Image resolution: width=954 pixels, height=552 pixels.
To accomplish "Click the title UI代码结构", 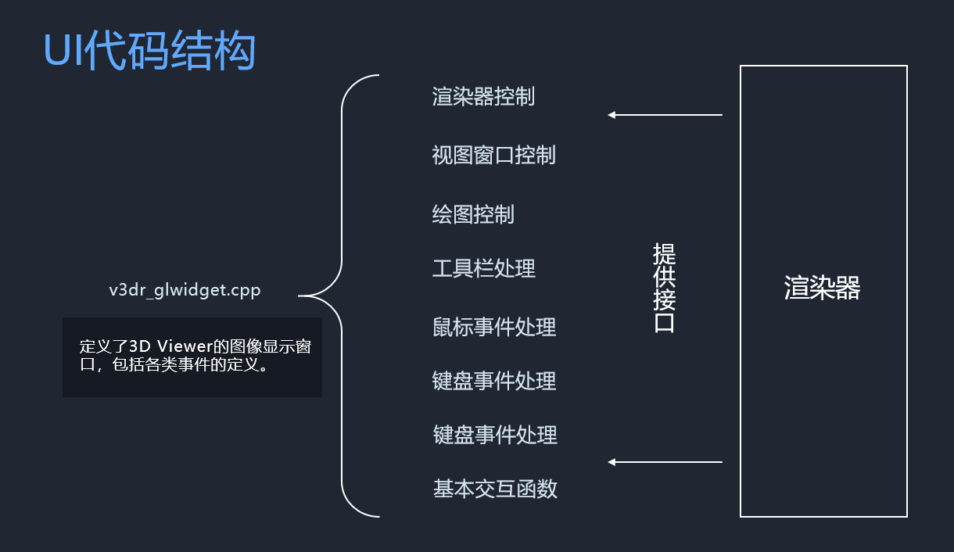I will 149,52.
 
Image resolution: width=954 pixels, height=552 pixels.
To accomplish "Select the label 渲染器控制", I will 483,96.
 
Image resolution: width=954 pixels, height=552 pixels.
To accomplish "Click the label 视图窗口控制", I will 493,155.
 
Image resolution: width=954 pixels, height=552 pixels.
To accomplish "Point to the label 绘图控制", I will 473,213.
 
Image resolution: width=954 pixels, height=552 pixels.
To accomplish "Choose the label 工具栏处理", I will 483,269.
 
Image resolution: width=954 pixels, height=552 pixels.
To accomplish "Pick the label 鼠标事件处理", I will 493,327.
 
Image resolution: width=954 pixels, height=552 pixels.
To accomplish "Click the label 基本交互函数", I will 495,489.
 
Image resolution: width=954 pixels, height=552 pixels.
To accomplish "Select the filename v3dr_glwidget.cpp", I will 185,290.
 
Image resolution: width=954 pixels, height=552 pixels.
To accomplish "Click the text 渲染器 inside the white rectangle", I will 822,288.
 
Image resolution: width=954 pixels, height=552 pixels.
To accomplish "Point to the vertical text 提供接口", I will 664,288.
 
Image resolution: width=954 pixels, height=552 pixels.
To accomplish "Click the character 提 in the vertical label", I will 664,254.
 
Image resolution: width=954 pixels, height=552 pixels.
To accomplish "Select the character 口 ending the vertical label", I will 664,323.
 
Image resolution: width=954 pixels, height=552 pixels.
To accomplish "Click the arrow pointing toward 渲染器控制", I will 665,115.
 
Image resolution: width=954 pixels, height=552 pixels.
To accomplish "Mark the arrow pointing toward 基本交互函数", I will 665,462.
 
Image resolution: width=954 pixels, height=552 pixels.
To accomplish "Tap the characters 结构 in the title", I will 228,52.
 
